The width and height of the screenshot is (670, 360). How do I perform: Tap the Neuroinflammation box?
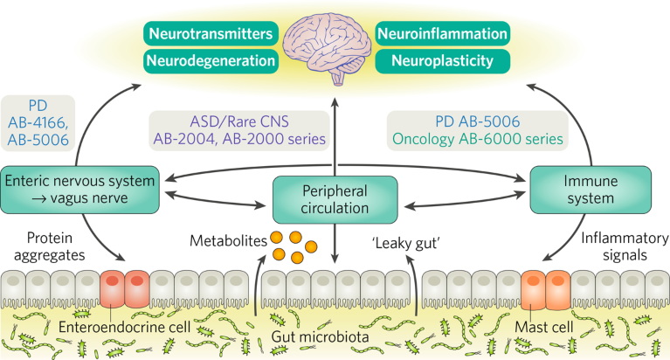[x=443, y=35]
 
